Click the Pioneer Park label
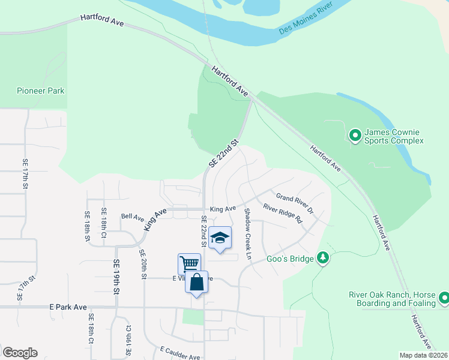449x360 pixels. (x=40, y=91)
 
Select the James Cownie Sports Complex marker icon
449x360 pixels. (x=355, y=136)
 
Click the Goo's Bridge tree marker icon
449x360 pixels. (x=323, y=257)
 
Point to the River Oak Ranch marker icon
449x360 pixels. (x=444, y=298)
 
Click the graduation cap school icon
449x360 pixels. (x=220, y=238)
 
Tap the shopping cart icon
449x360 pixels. (x=189, y=264)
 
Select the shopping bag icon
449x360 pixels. (x=197, y=282)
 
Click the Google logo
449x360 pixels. (x=20, y=353)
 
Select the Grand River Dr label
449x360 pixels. (x=295, y=203)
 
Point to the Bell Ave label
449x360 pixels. (x=133, y=217)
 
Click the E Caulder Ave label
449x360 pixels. (x=180, y=353)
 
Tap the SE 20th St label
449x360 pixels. (x=143, y=265)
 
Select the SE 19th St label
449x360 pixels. (x=114, y=276)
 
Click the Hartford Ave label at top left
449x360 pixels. (x=102, y=21)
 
